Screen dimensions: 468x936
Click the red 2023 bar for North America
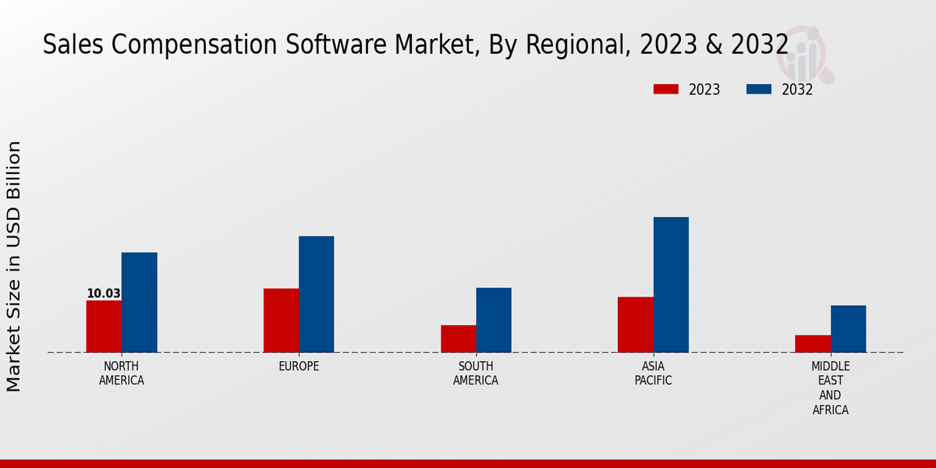pos(104,326)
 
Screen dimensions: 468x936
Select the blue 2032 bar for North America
pos(139,302)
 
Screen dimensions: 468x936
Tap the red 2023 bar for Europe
pos(281,320)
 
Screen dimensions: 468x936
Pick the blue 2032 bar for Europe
pos(316,294)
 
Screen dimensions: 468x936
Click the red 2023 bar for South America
pos(458,339)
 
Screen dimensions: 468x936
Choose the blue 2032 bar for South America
pos(494,320)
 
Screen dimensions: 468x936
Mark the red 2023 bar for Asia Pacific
pos(635,324)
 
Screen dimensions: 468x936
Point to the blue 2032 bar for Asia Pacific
pos(671,284)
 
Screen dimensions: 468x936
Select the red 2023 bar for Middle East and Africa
pos(813,343)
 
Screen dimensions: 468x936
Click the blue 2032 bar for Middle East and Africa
pos(848,328)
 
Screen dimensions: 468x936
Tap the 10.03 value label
pos(104,294)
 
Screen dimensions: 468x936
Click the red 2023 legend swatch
pos(665,90)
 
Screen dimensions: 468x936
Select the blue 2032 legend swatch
pos(758,90)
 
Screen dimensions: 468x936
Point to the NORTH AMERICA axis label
pos(122,374)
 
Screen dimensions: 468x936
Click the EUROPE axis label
pos(299,367)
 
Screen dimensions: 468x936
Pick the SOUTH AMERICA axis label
pos(476,374)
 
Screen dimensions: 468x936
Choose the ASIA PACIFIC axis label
pos(653,374)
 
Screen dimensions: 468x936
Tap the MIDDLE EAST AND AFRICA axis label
pos(830,388)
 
